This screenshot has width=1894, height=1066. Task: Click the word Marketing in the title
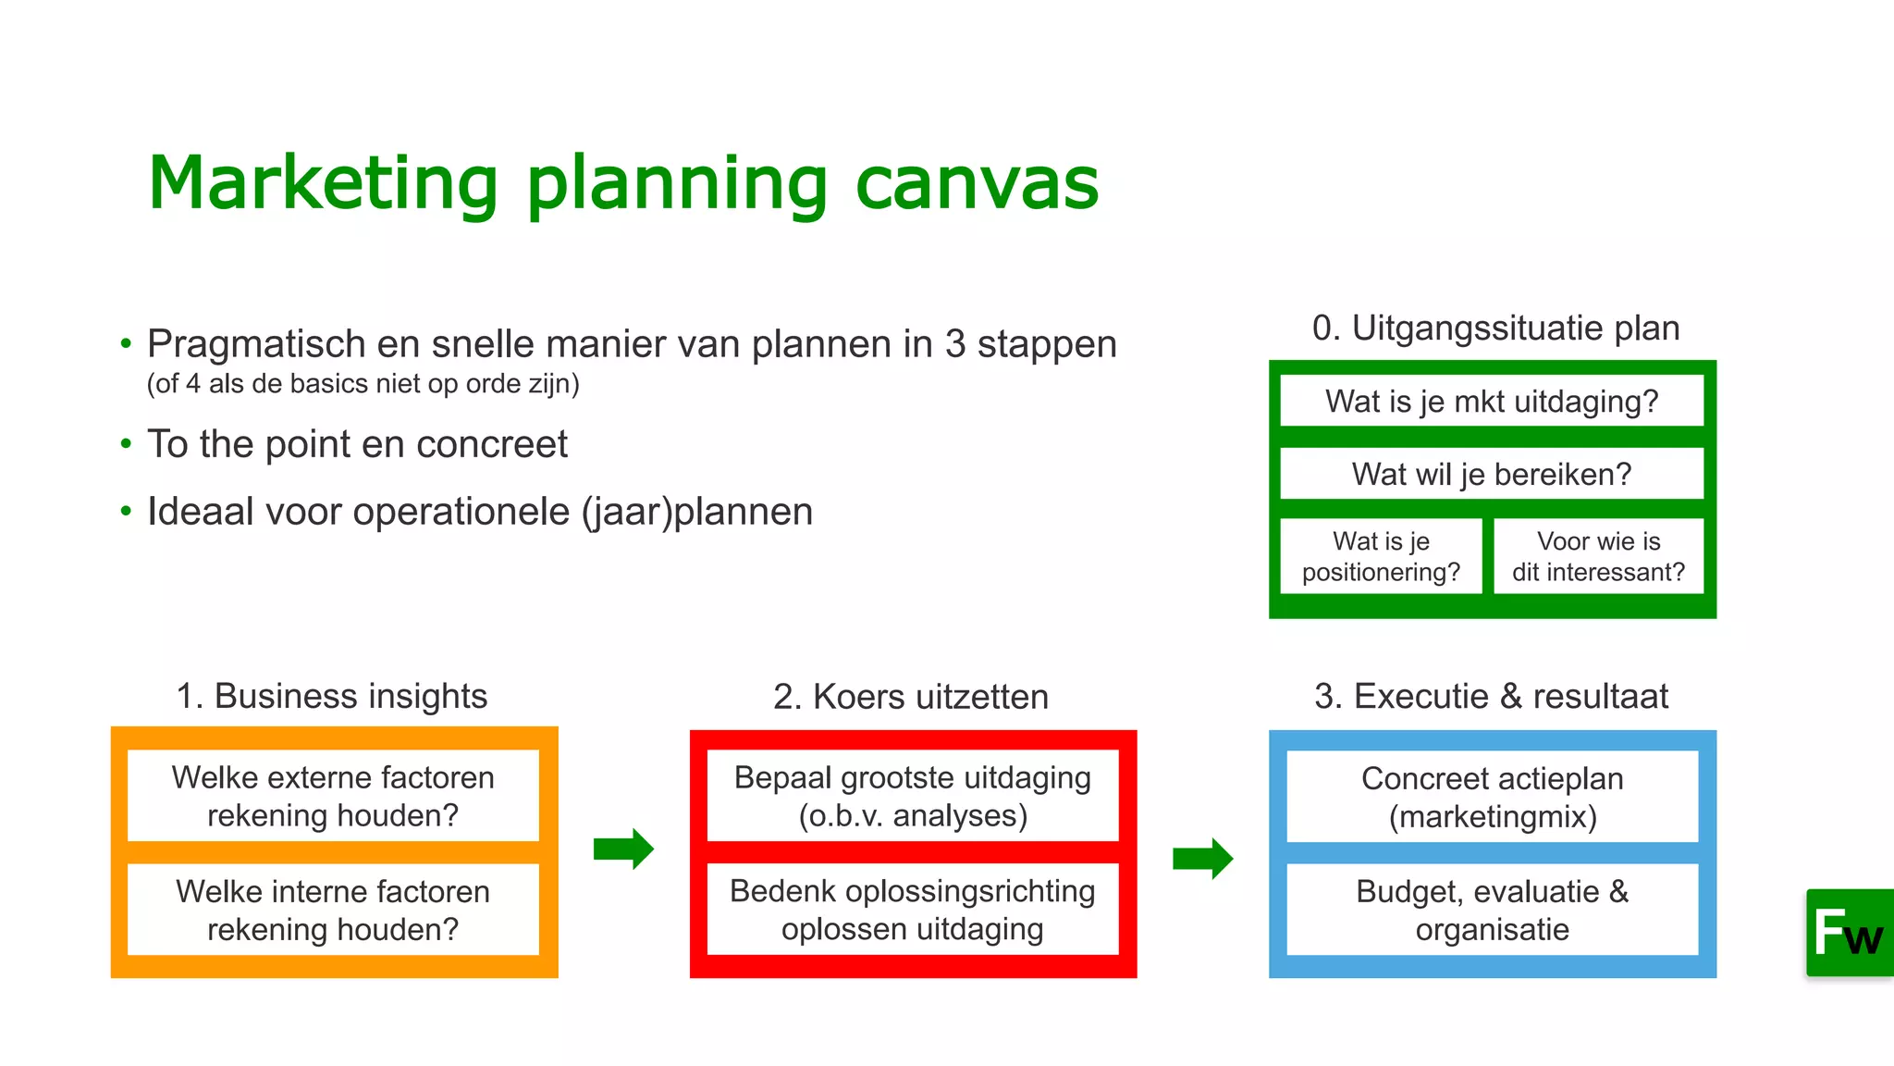tap(324, 183)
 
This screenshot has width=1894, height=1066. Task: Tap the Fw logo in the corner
tap(1849, 933)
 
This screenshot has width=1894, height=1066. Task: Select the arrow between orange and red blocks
tap(624, 849)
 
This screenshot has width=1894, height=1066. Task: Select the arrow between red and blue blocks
tap(1202, 859)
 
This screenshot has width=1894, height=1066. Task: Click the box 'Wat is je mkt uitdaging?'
tap(1492, 401)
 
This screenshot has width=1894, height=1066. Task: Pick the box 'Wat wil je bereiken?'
tap(1492, 474)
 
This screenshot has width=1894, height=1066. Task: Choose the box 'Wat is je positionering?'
tap(1381, 556)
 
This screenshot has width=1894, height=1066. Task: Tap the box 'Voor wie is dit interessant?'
tap(1598, 556)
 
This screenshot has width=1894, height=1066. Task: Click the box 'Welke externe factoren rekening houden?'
tap(333, 796)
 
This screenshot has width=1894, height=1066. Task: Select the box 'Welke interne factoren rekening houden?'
tap(333, 910)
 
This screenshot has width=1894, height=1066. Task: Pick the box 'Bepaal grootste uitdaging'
tap(913, 796)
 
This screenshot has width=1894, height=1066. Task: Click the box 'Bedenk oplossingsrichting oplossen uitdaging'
tap(913, 910)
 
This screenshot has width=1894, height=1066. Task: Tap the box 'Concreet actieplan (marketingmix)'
tap(1492, 797)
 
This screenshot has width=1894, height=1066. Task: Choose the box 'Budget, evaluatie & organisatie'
tap(1492, 910)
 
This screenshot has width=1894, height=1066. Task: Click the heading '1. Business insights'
tap(332, 696)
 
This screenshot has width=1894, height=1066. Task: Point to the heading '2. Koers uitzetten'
tap(911, 697)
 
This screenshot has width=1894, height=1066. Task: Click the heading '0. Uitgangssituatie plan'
tap(1495, 328)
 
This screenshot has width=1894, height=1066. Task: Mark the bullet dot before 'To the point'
tap(126, 444)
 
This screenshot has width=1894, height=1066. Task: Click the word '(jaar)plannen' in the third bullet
tap(697, 512)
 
